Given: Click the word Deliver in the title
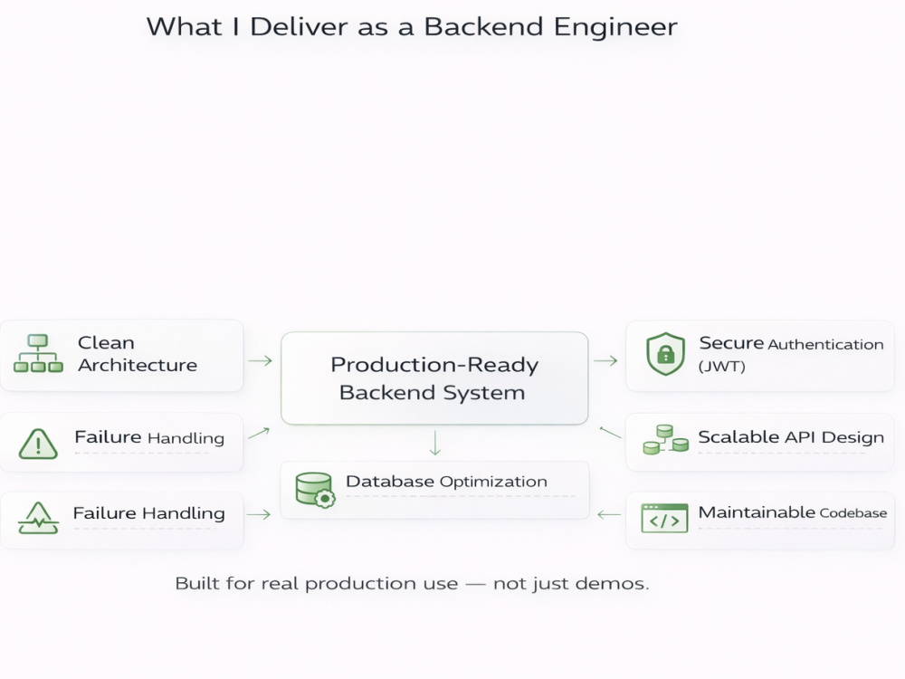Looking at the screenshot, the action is point(299,27).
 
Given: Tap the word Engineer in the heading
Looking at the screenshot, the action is point(615,28).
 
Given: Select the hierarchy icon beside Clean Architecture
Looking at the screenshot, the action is point(38,353).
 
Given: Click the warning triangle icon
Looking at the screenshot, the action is point(38,444).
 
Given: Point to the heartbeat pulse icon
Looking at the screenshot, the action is point(38,518).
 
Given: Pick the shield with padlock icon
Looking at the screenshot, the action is point(665,354).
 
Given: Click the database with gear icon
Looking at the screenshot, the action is point(315,490).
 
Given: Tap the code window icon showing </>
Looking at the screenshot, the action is point(664,518).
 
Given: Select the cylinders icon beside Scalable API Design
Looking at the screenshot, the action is point(665,440).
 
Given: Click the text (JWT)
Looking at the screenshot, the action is point(721,367).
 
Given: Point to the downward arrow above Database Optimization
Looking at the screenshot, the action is point(435,443).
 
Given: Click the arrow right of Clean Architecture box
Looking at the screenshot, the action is point(261,361).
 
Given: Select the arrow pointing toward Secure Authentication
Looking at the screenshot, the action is point(605,361).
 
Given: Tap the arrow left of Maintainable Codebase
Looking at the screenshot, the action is point(609,514).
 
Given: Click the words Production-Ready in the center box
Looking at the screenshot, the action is point(434,365).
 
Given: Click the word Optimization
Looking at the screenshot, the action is point(493,482).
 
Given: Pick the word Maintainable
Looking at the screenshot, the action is point(757,512).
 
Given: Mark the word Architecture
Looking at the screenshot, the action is point(138,365).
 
